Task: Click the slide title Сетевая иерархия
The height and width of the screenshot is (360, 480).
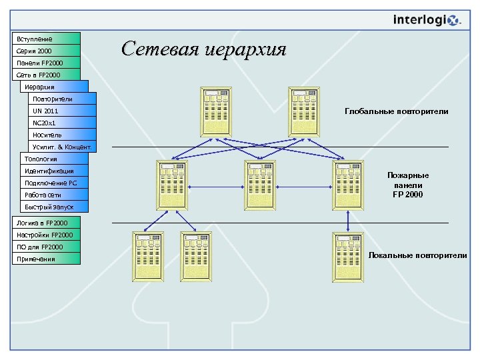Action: point(203,49)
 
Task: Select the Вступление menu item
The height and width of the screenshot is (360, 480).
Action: point(46,39)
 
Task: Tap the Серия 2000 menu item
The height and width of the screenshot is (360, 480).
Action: point(46,51)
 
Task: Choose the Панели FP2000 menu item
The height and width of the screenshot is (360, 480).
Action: point(46,63)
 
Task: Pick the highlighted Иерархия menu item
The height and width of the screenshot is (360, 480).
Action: point(54,87)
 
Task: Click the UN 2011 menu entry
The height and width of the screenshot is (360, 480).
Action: point(62,111)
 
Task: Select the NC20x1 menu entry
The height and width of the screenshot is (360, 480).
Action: point(62,123)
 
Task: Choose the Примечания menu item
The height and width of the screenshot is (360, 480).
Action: point(46,259)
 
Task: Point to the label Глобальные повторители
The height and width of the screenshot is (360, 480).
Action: point(396,111)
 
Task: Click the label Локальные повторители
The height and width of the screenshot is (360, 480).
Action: point(417,255)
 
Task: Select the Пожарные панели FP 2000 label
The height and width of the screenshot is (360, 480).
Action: point(408,185)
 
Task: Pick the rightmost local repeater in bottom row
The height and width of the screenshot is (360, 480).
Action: point(348,256)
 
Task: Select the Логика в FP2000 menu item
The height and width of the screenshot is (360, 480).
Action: point(46,223)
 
